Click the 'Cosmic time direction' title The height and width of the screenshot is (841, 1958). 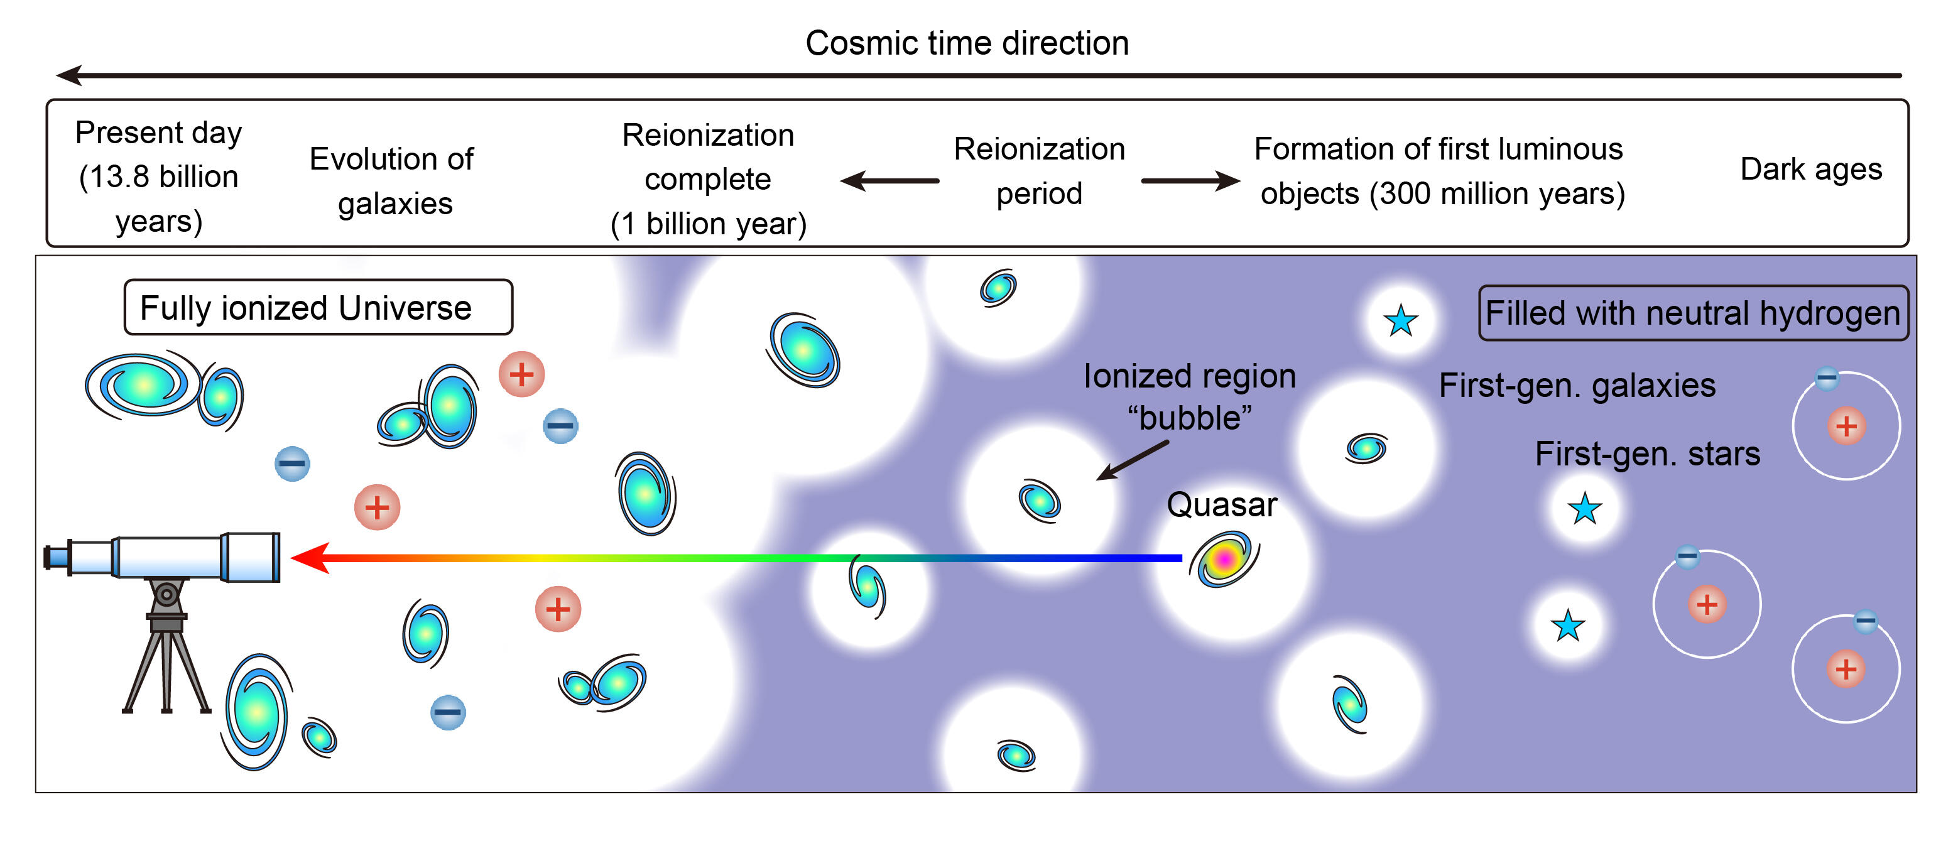[967, 43]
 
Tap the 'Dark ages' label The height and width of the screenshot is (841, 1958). [1810, 169]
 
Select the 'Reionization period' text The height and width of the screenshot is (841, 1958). [1039, 171]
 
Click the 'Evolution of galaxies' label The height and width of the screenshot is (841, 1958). [392, 181]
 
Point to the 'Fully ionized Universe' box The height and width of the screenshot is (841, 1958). [318, 308]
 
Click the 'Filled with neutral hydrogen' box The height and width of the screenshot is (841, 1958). [1693, 313]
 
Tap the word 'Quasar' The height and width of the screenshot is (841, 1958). [1221, 504]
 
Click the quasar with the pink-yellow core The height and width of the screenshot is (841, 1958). [1224, 560]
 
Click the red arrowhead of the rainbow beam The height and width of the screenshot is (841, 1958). [310, 558]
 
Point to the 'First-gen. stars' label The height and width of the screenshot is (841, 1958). [1647, 453]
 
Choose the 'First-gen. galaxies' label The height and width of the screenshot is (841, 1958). [1577, 385]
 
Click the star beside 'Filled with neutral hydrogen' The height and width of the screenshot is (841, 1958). [1401, 320]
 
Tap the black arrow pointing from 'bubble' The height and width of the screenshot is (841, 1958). [1133, 460]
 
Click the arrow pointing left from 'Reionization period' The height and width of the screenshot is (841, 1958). [889, 181]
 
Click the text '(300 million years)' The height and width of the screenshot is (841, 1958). [1497, 193]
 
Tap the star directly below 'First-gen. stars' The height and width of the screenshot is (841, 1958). [1585, 509]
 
